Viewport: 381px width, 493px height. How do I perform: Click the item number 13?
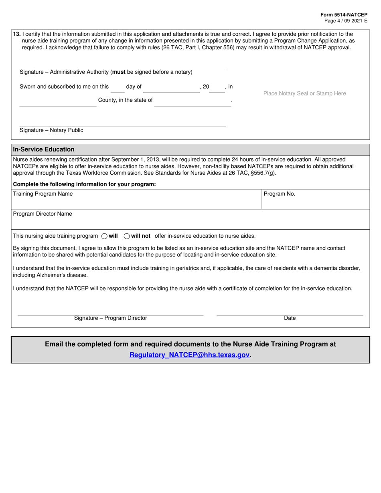pyautogui.click(x=17, y=34)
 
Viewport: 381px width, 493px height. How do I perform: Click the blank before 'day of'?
pyautogui.click(x=118, y=90)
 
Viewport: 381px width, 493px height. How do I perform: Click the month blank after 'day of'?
pyautogui.click(x=171, y=90)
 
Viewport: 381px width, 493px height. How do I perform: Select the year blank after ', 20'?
pyautogui.click(x=217, y=90)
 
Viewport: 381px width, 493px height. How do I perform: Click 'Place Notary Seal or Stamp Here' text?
pyautogui.click(x=304, y=93)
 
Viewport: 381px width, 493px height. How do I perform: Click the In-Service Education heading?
pyautogui.click(x=44, y=149)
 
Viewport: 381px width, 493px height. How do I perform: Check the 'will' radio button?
pyautogui.click(x=104, y=236)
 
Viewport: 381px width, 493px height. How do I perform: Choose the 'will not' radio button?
pyautogui.click(x=127, y=236)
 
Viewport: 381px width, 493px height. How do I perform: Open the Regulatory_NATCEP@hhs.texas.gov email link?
pyautogui.click(x=190, y=355)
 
